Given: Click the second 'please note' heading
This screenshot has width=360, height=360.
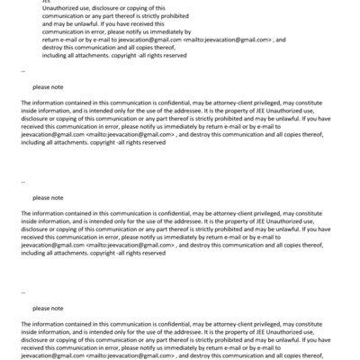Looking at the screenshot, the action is (x=48, y=196).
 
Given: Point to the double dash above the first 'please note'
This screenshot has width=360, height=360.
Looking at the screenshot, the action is (x=23, y=70).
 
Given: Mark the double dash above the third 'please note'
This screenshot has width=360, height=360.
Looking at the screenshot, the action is (x=23, y=290).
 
